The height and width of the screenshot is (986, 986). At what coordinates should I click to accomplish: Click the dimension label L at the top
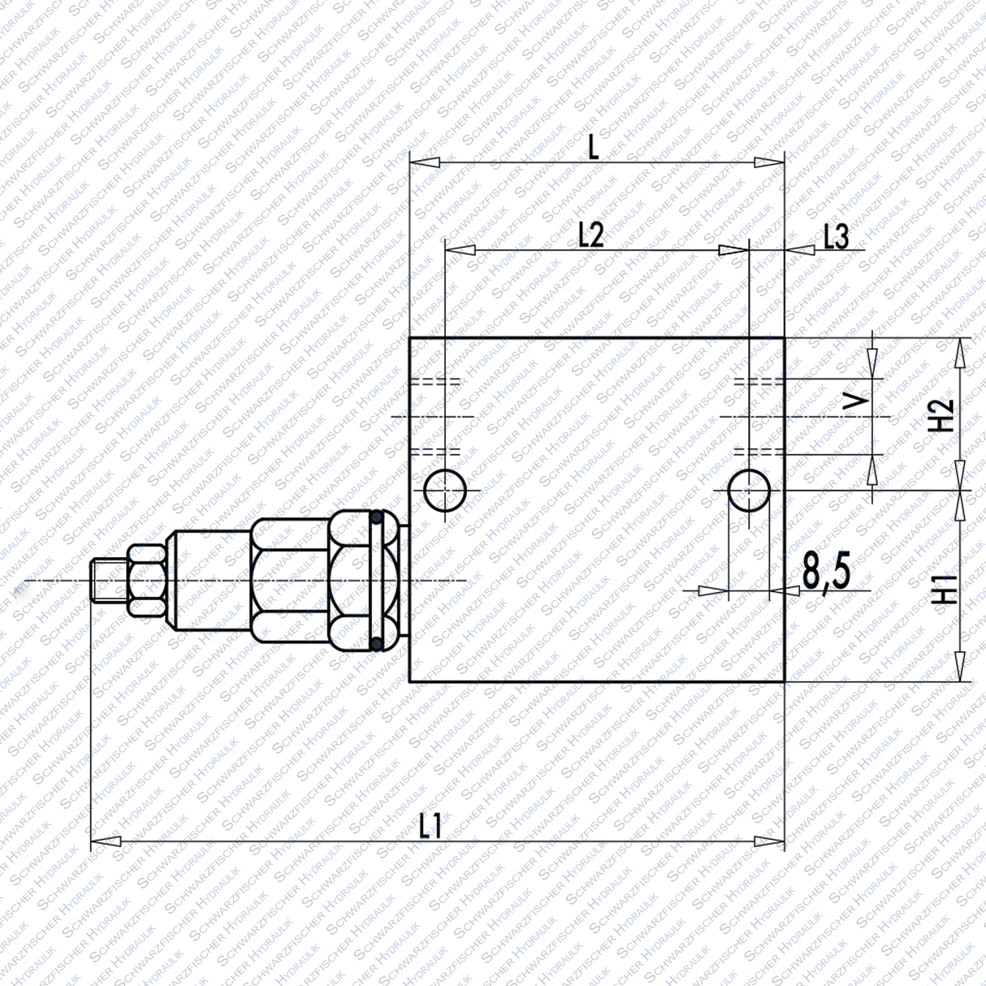coord(594,146)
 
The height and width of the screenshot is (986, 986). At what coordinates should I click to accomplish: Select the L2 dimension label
coord(591,235)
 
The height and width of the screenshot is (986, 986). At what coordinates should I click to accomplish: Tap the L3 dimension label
coord(836,236)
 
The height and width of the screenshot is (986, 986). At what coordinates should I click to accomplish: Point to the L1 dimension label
coord(430,827)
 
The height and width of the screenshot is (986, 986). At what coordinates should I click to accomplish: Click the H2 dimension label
coord(941,415)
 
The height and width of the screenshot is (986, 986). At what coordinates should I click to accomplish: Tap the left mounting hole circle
coord(444,490)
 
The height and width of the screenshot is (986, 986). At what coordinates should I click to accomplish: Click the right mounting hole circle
coord(748,490)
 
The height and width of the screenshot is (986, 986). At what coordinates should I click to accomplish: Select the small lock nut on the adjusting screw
coord(146,582)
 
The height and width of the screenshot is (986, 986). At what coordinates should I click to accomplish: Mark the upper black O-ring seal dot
coord(377,517)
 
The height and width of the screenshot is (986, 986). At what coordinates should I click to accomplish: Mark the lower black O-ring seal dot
coord(377,645)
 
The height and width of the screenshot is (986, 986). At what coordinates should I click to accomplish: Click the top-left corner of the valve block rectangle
coord(409,338)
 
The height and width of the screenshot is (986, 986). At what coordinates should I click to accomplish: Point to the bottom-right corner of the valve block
coord(784,681)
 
